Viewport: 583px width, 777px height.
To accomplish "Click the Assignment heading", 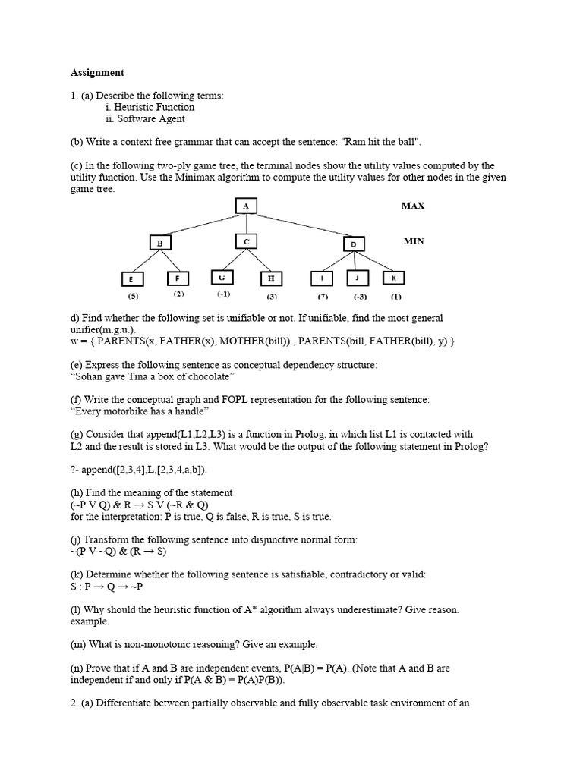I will click(97, 73).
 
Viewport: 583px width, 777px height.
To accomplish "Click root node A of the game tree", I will click(245, 206).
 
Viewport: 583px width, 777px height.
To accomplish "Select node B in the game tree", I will click(160, 243).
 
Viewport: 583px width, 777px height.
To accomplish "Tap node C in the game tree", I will click(246, 241).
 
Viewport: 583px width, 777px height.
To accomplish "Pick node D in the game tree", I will click(354, 244).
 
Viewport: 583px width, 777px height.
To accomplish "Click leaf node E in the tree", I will click(131, 279).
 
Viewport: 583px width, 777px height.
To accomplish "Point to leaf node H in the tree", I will click(271, 278).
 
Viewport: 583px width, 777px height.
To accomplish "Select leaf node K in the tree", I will click(394, 278).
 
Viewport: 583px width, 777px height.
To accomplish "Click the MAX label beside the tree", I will click(414, 206).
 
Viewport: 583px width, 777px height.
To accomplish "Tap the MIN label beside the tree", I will click(414, 241).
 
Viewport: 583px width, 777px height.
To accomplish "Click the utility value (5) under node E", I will click(133, 296).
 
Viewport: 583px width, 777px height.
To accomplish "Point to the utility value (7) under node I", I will click(323, 297).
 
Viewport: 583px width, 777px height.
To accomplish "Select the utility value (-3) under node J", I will click(360, 297).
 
